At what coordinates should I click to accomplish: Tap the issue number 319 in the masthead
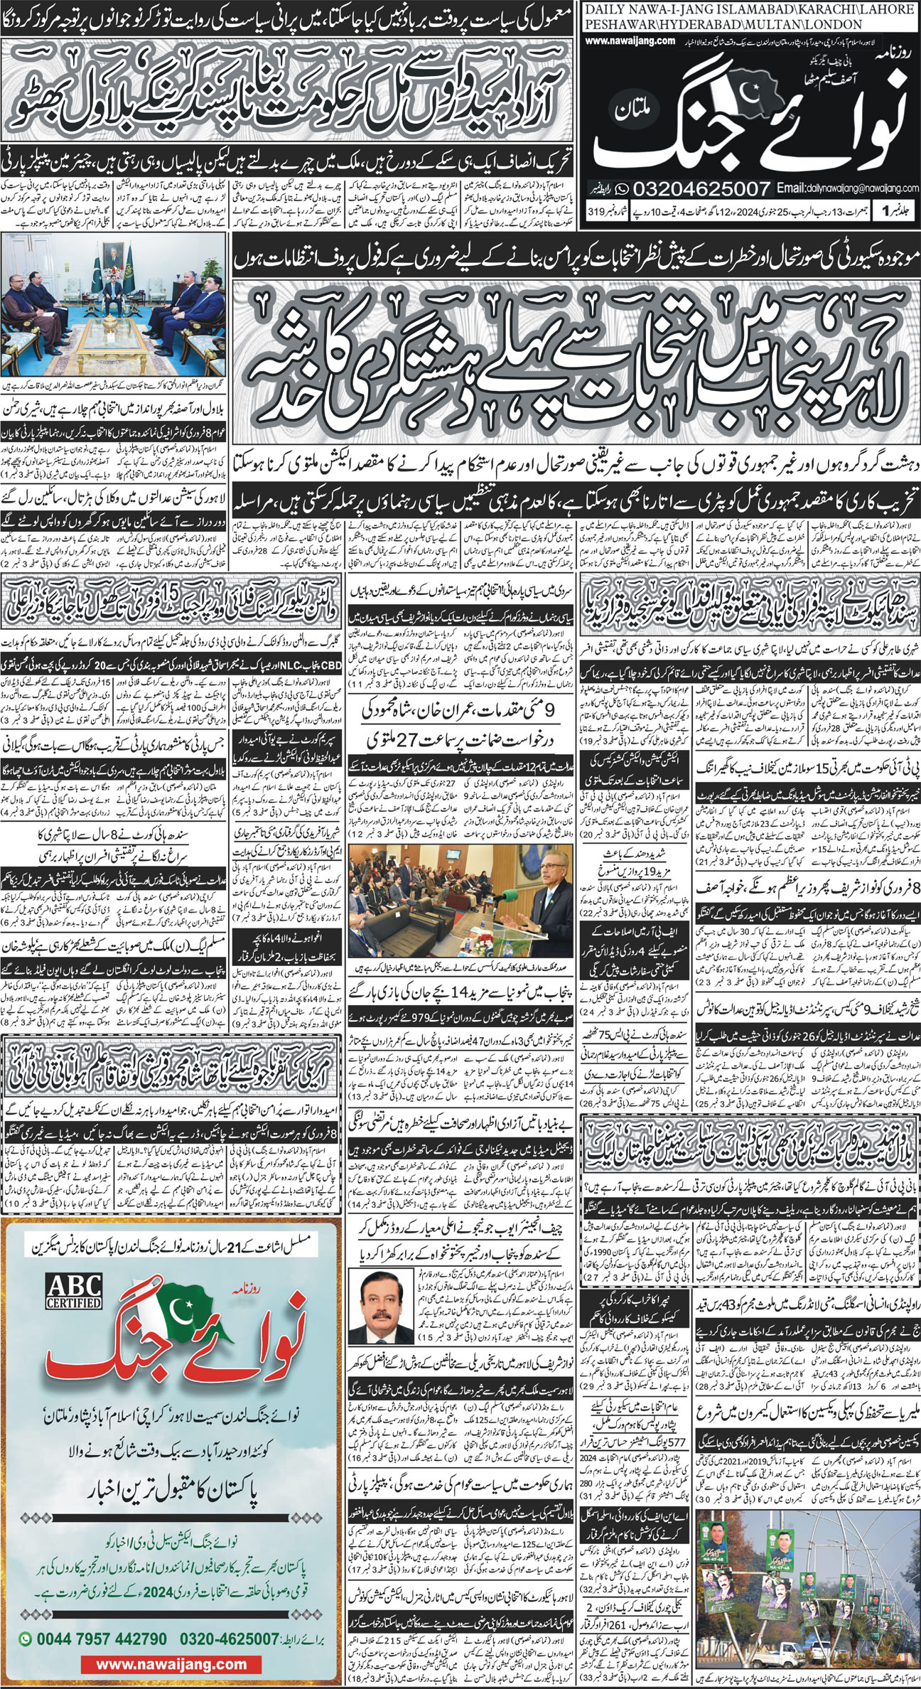click(596, 211)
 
